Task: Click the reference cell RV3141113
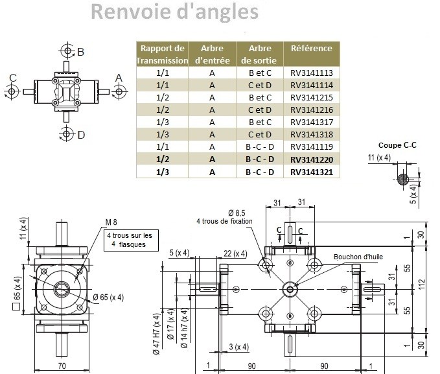pyautogui.click(x=312, y=73)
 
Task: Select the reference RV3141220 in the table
pyautogui.click(x=312, y=159)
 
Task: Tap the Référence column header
pyautogui.click(x=312, y=49)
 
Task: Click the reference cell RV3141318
pyautogui.click(x=312, y=134)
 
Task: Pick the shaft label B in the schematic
pyautogui.click(x=80, y=52)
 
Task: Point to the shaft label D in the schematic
pyautogui.click(x=81, y=135)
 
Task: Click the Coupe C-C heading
pyautogui.click(x=397, y=145)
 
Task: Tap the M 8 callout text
pyautogui.click(x=111, y=222)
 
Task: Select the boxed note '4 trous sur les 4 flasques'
pyautogui.click(x=131, y=240)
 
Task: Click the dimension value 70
pyautogui.click(x=62, y=366)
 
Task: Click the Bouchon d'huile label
pyautogui.click(x=358, y=257)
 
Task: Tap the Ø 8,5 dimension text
pyautogui.click(x=237, y=213)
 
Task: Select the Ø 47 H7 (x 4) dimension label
pyautogui.click(x=157, y=334)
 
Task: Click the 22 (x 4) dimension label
pyautogui.click(x=235, y=254)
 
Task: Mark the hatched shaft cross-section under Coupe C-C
pyautogui.click(x=403, y=179)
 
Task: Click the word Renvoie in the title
pyautogui.click(x=130, y=12)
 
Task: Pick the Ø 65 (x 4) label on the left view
pyautogui.click(x=108, y=297)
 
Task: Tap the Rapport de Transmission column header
pyautogui.click(x=162, y=54)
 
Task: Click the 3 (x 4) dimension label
pyautogui.click(x=239, y=347)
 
